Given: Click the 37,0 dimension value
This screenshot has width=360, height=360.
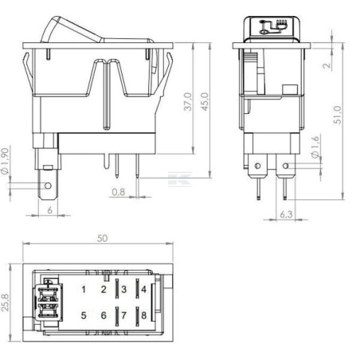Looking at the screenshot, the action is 188,102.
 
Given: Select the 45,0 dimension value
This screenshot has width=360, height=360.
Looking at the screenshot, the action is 205,102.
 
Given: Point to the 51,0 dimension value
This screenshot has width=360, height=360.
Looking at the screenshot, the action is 338,115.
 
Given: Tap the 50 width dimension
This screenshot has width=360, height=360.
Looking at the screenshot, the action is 102,238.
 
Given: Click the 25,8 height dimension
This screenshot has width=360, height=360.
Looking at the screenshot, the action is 6,303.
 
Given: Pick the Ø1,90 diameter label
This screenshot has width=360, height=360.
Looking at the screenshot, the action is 6,161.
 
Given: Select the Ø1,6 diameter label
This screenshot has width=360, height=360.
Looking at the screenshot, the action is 315,147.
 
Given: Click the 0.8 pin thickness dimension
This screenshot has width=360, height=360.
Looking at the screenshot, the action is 119,192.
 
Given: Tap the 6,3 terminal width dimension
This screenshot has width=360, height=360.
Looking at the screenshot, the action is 286,214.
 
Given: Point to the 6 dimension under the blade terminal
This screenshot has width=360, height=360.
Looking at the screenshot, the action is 50,210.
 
